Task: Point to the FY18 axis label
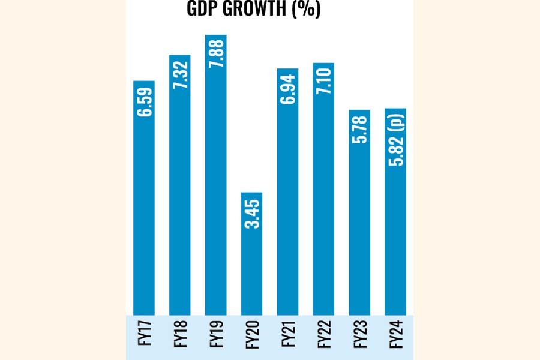180,335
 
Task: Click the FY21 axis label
288,335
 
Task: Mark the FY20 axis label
252,335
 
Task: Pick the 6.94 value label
288,90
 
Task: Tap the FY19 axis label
216,335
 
